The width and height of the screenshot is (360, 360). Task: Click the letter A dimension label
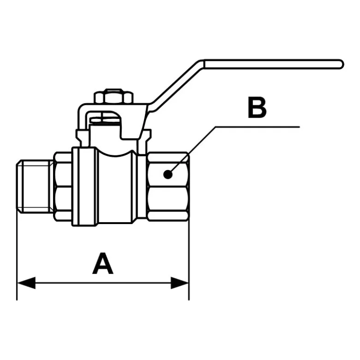coord(103,263)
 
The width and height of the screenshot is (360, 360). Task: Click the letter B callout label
coord(257,108)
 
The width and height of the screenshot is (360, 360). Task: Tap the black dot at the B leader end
coord(168,175)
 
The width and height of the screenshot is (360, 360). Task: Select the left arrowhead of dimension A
coord(26,283)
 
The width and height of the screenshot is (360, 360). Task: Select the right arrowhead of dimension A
coord(180,283)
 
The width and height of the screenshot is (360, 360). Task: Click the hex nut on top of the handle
coord(114,96)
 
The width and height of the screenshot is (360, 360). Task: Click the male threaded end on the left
coord(35,186)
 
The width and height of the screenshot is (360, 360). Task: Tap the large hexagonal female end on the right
coord(168,186)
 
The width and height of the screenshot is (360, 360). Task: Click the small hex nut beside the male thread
coord(63,186)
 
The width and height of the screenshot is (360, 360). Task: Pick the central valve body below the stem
coord(115,186)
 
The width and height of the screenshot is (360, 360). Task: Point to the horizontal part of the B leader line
coord(258,126)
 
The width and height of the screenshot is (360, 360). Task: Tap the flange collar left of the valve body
coord(84,186)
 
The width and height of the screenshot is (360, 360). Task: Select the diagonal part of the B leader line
coord(193,149)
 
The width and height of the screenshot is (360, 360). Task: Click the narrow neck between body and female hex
coord(142,186)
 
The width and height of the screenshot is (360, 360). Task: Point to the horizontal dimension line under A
coord(103,283)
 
